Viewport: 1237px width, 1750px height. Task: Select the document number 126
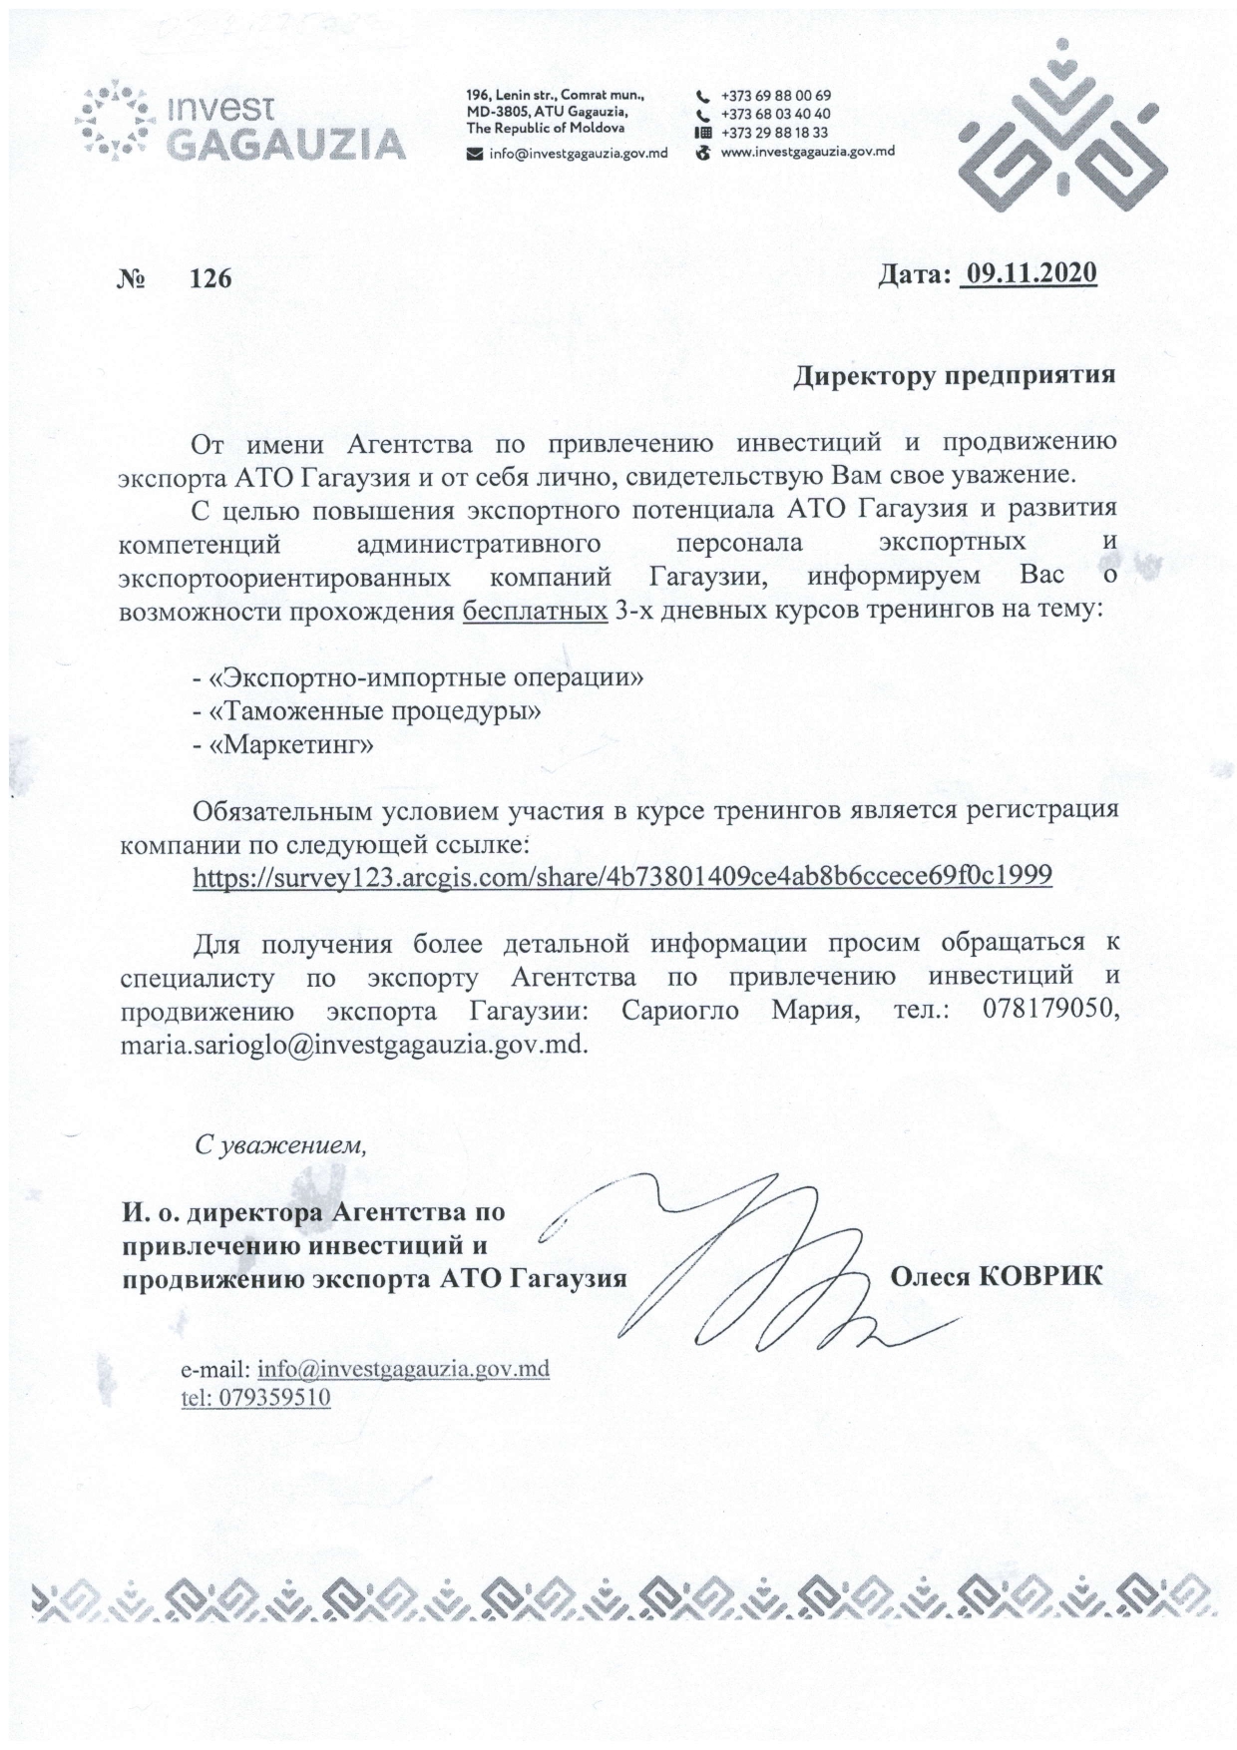point(210,278)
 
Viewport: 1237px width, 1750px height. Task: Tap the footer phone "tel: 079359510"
point(255,1397)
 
